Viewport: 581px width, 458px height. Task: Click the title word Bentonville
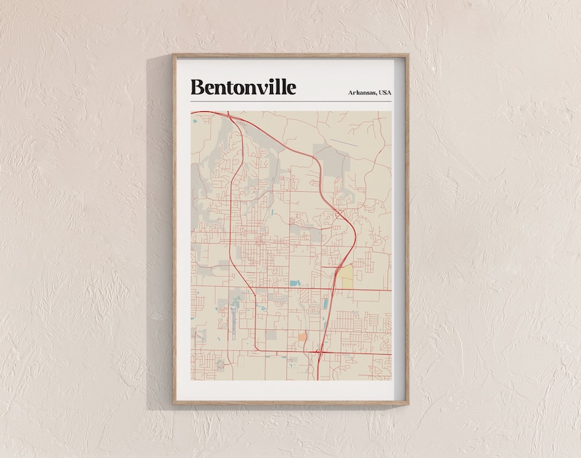[x=243, y=87]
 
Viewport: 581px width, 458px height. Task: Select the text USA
[x=382, y=91]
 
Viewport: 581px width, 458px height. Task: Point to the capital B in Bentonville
[x=197, y=87]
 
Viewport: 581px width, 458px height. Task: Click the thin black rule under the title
[x=290, y=101]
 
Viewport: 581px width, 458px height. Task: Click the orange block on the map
[x=302, y=336]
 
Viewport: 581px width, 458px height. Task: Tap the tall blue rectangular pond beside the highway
[x=326, y=302]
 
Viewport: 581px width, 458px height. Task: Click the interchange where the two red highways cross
[x=320, y=353]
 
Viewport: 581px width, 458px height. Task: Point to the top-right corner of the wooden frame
[x=407, y=56]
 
